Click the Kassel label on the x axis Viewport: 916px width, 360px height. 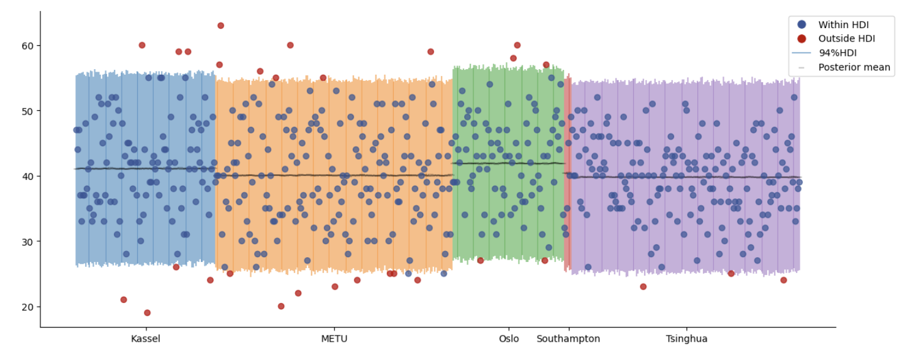click(146, 339)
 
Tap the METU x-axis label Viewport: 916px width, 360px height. click(334, 339)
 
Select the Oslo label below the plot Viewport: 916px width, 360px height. click(509, 339)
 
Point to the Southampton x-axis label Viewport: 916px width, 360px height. click(568, 339)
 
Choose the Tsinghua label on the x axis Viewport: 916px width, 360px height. click(686, 339)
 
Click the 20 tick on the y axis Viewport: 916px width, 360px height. click(28, 307)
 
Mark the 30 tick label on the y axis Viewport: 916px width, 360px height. click(28, 241)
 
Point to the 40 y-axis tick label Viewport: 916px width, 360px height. click(28, 176)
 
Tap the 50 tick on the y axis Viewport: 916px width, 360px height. click(28, 111)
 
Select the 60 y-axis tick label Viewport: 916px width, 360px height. click(28, 46)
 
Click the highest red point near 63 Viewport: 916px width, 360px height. click(220, 26)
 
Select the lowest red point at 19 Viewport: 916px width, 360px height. click(147, 313)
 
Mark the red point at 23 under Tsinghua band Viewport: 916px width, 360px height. click(643, 287)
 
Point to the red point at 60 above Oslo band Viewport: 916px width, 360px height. click(517, 45)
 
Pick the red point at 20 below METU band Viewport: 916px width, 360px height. click(281, 306)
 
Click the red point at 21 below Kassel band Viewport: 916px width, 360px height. click(124, 300)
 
